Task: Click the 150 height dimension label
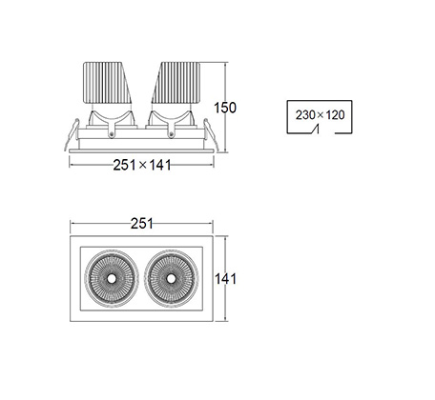(x=225, y=108)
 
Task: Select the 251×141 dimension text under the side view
(x=142, y=165)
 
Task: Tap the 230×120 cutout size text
(x=320, y=115)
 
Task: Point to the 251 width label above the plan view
(x=142, y=224)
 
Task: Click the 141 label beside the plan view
(x=225, y=279)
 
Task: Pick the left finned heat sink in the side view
(x=108, y=83)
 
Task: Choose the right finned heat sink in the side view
(x=176, y=83)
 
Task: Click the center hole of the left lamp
(x=112, y=278)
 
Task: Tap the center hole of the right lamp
(x=171, y=278)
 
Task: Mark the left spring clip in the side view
(x=72, y=134)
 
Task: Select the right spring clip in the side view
(x=211, y=134)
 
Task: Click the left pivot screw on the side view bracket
(x=112, y=134)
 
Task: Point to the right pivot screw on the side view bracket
(x=171, y=134)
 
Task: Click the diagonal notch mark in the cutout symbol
(x=315, y=130)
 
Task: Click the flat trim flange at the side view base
(x=141, y=150)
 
